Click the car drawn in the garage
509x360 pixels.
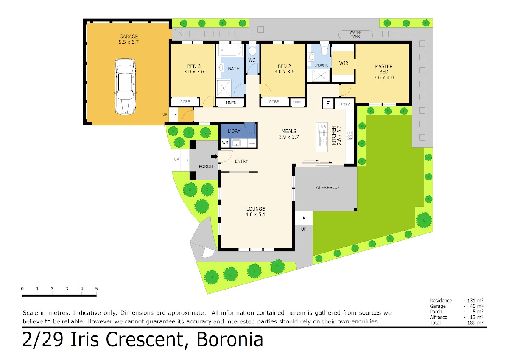[126, 87]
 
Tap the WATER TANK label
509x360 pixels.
[355, 34]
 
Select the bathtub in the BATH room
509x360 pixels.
[230, 50]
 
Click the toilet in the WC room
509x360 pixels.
[252, 50]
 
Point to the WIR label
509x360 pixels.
[343, 63]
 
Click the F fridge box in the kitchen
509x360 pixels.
[327, 104]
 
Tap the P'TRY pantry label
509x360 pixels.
[345, 104]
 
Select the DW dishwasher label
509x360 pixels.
[324, 126]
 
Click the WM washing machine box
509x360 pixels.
[225, 143]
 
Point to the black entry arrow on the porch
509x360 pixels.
[214, 156]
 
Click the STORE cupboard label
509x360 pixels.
[297, 102]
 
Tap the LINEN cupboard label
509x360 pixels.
[231, 103]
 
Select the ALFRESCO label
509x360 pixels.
[327, 187]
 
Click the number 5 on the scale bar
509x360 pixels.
[96, 288]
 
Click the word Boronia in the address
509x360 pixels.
[230, 340]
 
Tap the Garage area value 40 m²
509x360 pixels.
[476, 306]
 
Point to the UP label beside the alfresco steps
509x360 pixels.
[304, 229]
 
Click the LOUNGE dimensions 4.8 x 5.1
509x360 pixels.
[255, 214]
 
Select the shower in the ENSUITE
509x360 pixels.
[320, 76]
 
